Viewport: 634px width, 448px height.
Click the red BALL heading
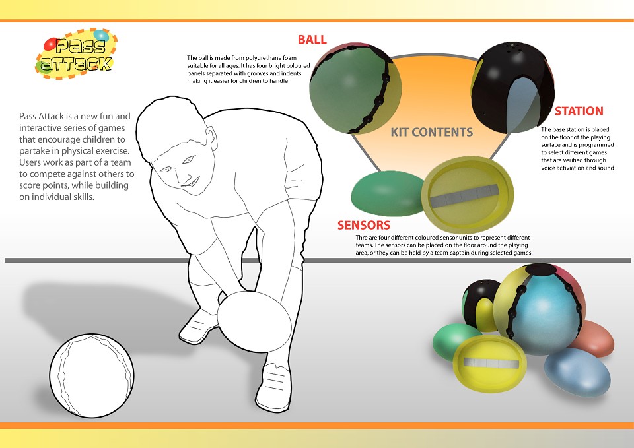point(312,40)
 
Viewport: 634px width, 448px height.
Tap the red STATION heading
point(579,111)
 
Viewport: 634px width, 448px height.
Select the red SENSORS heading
point(364,225)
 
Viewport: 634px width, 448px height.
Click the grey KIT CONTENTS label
point(431,132)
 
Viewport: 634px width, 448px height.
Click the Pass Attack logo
point(76,53)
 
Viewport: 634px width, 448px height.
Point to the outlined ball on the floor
point(92,375)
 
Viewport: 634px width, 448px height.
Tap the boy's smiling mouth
point(191,183)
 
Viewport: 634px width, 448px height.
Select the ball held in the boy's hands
point(254,317)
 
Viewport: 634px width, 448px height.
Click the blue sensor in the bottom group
point(577,372)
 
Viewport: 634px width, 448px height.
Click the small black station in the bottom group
point(479,305)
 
